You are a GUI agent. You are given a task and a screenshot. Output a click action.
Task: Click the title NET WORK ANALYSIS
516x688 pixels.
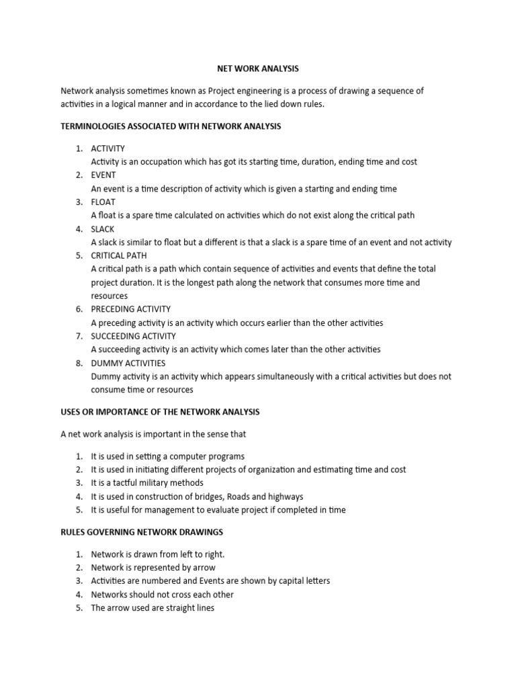(257, 69)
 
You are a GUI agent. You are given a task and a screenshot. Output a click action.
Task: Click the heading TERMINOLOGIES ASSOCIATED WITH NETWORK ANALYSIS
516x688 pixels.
(171, 126)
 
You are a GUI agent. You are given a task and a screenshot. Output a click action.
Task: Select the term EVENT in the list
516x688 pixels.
(103, 175)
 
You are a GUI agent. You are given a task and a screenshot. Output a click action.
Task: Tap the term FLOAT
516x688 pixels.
(103, 202)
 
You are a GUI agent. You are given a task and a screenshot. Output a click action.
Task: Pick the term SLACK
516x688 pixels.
(103, 229)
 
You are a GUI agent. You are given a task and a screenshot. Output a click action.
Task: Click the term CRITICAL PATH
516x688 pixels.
(119, 256)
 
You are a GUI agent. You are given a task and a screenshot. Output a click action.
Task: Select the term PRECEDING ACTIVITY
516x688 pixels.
(131, 310)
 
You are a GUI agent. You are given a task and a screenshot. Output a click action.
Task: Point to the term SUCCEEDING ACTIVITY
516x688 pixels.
(134, 336)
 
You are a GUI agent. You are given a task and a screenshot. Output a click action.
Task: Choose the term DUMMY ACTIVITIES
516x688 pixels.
(128, 363)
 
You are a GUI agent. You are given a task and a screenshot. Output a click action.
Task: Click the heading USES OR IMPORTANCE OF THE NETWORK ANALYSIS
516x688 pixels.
(160, 412)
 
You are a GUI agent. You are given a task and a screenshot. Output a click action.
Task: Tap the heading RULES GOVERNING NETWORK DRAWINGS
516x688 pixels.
(142, 532)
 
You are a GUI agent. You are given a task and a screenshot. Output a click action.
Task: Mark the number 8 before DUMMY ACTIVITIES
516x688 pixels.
(79, 363)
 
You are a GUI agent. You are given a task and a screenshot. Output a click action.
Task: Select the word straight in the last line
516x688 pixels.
(179, 608)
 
